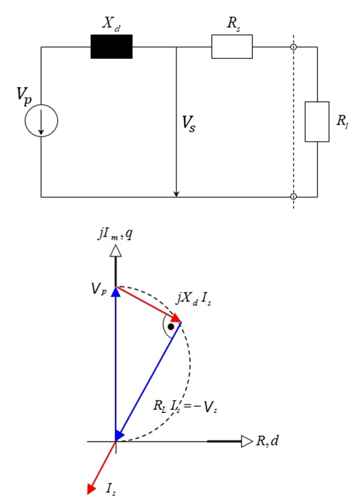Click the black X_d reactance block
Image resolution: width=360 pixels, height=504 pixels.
(x=111, y=47)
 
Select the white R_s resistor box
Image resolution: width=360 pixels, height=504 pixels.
(x=232, y=47)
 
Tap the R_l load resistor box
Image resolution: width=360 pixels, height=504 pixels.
(x=317, y=121)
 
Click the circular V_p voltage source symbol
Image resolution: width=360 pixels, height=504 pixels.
(x=41, y=121)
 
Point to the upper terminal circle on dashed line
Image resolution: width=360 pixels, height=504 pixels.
(x=293, y=47)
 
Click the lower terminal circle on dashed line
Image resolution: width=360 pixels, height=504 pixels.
(x=293, y=197)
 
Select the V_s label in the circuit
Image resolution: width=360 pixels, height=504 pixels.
(x=189, y=123)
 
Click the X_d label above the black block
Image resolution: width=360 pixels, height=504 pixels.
(x=111, y=24)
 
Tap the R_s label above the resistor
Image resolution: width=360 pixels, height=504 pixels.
(x=233, y=24)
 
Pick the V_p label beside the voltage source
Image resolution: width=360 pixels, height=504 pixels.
(x=24, y=95)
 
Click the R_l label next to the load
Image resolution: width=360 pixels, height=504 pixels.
(x=343, y=121)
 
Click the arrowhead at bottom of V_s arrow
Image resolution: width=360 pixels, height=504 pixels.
(x=176, y=194)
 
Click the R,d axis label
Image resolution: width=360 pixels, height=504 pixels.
(x=267, y=441)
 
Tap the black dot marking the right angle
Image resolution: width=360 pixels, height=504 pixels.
(x=171, y=326)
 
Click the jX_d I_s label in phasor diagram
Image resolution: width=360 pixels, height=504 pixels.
(x=193, y=299)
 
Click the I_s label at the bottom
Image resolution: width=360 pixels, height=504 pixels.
(x=111, y=489)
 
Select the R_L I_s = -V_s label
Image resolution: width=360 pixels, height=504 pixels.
(x=186, y=406)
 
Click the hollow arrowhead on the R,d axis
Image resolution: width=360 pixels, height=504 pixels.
(x=246, y=442)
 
